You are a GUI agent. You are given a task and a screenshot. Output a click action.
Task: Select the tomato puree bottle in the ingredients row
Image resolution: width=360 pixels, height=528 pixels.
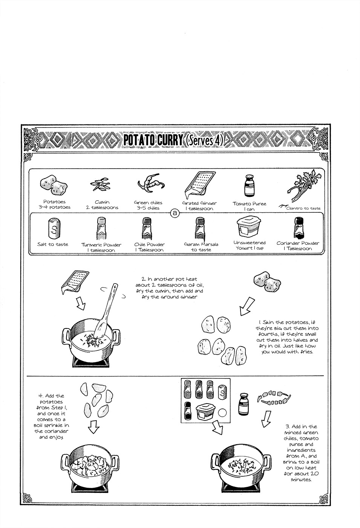click(x=248, y=186)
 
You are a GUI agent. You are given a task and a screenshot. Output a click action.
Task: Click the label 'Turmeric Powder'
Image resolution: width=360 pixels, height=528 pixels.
click(x=101, y=244)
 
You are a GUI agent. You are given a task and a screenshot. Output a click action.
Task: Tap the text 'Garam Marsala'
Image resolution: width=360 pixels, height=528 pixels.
click(x=201, y=244)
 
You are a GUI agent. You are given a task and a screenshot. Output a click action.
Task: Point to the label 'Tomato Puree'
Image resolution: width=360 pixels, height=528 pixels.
click(x=249, y=204)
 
